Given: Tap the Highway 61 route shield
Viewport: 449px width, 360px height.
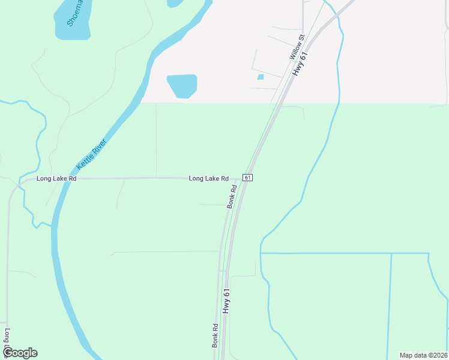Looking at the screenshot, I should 247,178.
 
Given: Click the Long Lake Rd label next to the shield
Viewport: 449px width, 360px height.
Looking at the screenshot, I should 208,178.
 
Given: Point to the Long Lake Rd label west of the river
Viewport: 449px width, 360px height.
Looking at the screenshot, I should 56,179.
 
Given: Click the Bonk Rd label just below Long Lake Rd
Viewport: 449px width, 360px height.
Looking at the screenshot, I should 232,196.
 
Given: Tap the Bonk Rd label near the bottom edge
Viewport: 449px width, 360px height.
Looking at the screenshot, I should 215,336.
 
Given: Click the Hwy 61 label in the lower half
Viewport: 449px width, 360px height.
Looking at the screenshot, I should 226,301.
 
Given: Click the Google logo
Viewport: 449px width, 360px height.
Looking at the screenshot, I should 20,353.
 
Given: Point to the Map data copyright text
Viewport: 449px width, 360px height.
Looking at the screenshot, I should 424,355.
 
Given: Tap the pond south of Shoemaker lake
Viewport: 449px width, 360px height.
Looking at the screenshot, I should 182,86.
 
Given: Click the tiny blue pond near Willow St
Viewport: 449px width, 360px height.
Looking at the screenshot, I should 261,77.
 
